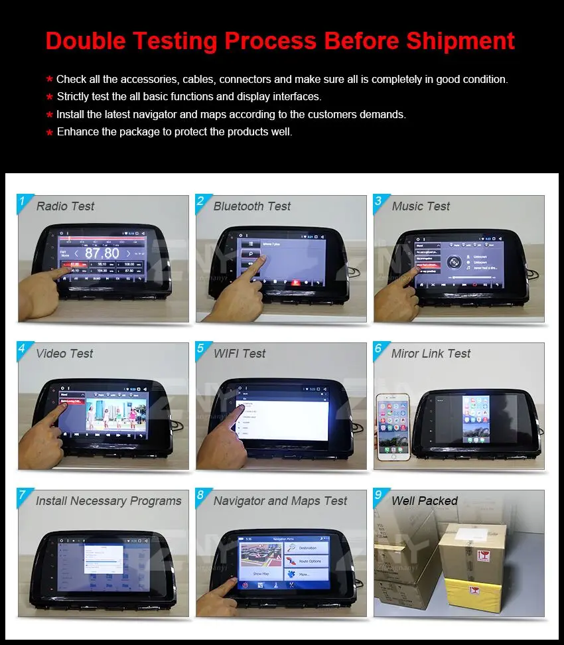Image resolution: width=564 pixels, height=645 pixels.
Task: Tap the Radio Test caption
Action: (65, 206)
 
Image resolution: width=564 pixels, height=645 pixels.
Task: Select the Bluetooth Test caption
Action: (251, 206)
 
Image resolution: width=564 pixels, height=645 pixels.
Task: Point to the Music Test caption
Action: (421, 206)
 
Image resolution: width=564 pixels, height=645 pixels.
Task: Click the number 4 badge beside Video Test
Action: (22, 348)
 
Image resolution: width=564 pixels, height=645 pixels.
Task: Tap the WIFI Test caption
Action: (239, 354)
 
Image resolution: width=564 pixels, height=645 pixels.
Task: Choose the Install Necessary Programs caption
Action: (108, 501)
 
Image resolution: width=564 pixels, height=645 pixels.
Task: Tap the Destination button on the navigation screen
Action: (307, 547)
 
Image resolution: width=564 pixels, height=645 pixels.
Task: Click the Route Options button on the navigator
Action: (307, 561)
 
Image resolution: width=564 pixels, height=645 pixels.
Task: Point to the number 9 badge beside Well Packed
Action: (378, 496)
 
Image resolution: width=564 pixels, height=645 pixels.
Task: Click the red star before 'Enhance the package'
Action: (49, 133)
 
